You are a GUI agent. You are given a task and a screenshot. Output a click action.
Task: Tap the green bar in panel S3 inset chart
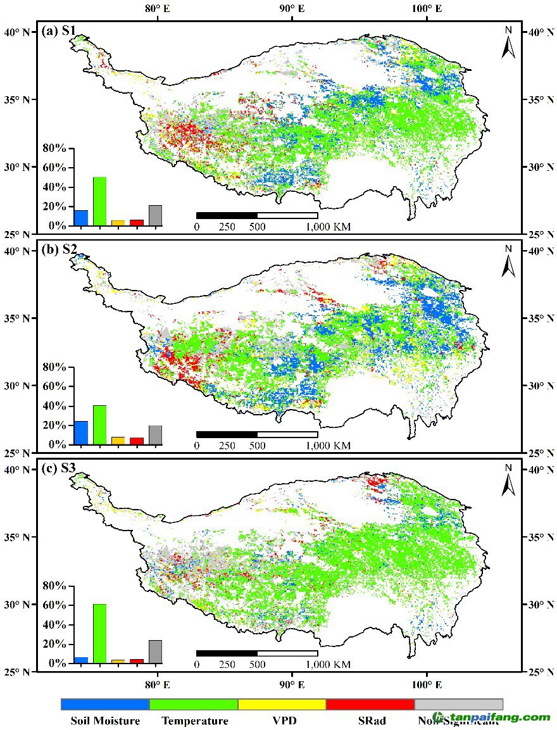99,633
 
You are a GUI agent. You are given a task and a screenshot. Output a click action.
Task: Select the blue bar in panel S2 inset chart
81,432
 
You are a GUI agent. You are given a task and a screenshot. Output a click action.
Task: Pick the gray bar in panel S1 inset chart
155,215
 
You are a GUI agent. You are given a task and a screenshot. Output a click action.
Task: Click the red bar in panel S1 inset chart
137,222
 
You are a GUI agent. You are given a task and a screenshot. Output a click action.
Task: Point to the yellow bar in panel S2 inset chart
118,440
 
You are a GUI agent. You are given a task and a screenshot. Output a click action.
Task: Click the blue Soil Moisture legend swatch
105,704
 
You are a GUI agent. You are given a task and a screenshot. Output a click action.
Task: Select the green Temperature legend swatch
194,704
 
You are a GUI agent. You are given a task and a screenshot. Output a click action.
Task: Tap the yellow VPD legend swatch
282,704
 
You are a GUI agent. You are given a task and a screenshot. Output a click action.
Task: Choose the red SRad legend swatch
370,704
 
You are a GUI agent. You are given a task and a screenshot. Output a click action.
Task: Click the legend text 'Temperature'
194,721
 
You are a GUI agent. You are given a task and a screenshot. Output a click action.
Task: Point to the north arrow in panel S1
508,43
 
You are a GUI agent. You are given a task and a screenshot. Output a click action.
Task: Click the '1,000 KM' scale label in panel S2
329,446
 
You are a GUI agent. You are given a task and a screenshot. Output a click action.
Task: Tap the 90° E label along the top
292,9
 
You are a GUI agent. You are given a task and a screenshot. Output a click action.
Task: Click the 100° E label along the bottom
427,684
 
